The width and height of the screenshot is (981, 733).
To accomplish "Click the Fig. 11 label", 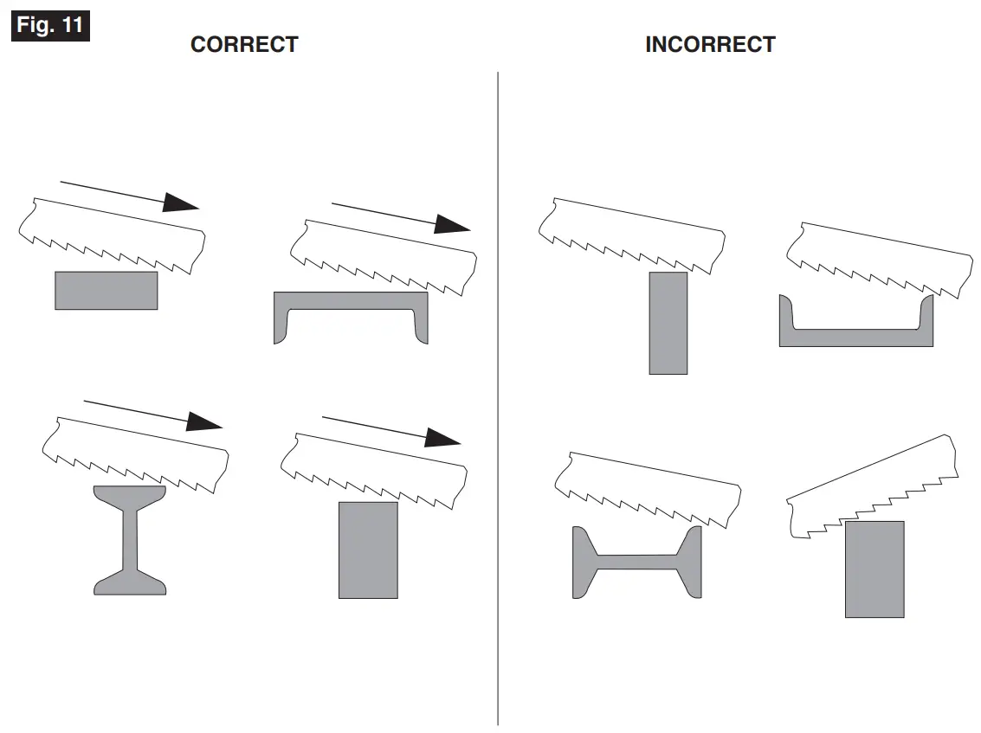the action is point(50,25).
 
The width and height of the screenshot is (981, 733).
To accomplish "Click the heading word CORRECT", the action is point(244,45).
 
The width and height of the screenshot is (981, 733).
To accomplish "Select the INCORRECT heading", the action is point(710,45).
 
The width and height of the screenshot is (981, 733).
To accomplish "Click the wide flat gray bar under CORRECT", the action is point(106,291).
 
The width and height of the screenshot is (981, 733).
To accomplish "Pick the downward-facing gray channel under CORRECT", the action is point(351,302).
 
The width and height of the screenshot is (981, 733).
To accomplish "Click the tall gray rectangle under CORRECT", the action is point(368,550).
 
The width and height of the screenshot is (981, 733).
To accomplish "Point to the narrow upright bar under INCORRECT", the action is point(668,323).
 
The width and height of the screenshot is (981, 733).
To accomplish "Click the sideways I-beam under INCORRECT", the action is point(636,562).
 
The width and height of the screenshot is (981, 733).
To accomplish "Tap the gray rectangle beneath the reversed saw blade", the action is point(875,569).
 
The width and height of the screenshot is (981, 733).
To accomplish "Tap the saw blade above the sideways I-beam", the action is point(649,489).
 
